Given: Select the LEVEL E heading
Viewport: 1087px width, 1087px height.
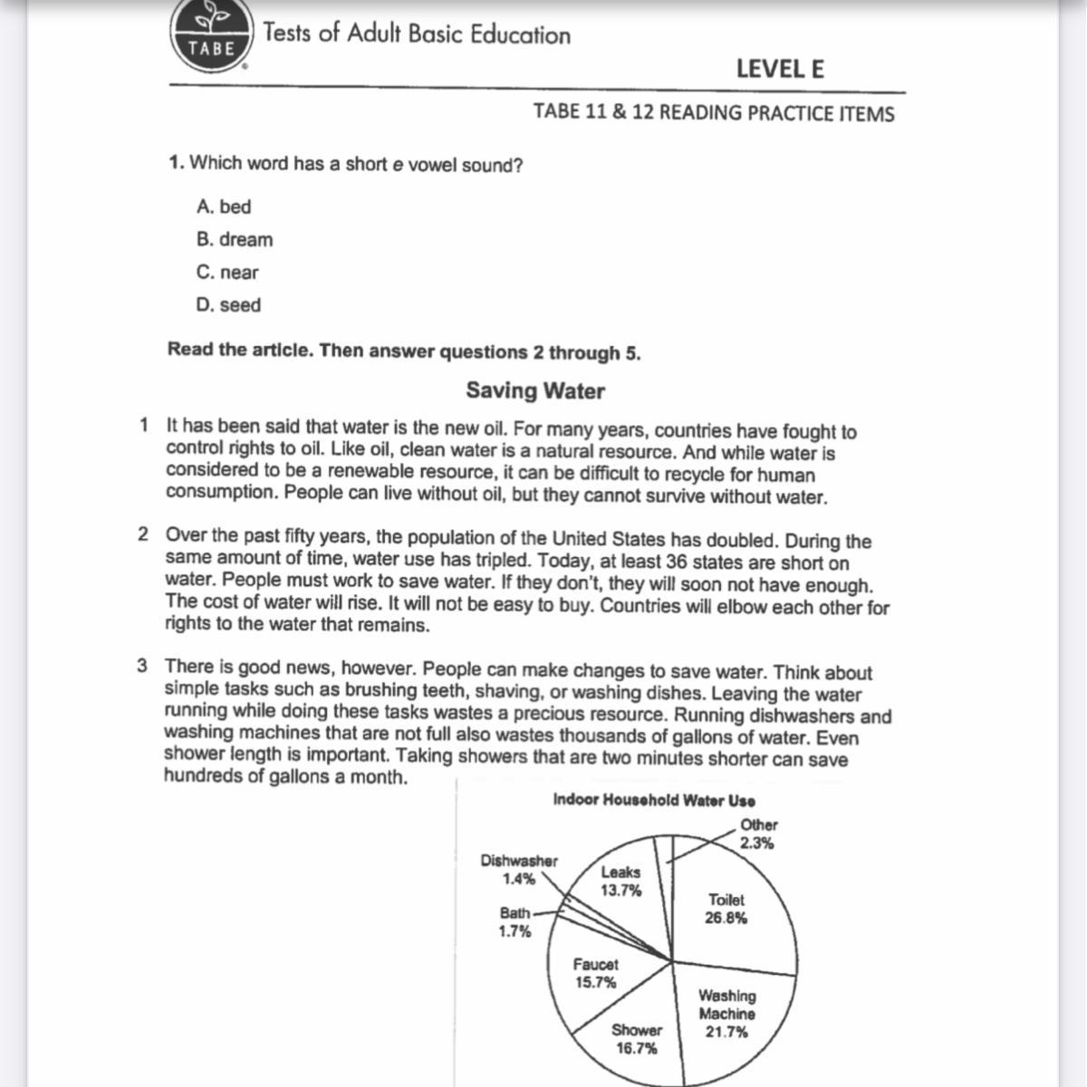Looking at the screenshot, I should [x=779, y=69].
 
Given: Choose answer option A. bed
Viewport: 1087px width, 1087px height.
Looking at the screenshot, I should [x=224, y=207].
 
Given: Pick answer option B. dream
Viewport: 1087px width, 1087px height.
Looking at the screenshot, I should [x=235, y=239].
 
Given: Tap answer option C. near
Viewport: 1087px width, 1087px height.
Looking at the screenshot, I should [x=227, y=272].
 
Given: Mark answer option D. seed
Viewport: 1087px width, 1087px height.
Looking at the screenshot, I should [x=228, y=305].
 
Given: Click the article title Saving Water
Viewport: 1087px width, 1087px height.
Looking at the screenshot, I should [x=535, y=390].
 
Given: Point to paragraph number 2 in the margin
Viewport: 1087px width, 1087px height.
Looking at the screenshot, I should [x=143, y=534].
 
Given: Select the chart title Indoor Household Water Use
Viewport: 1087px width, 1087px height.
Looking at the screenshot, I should [x=654, y=800].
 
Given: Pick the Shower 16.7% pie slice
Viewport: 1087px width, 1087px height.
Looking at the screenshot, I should [x=637, y=1038].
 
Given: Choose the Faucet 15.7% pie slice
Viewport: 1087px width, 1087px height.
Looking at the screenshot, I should [x=595, y=973].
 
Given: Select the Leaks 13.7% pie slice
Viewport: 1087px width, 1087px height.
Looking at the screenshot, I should [x=620, y=880].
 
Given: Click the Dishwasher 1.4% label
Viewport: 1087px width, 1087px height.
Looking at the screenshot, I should [x=519, y=869].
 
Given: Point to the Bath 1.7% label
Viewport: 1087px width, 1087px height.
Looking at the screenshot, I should [x=515, y=922].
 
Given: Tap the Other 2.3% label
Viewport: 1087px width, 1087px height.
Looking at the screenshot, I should [x=758, y=833].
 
